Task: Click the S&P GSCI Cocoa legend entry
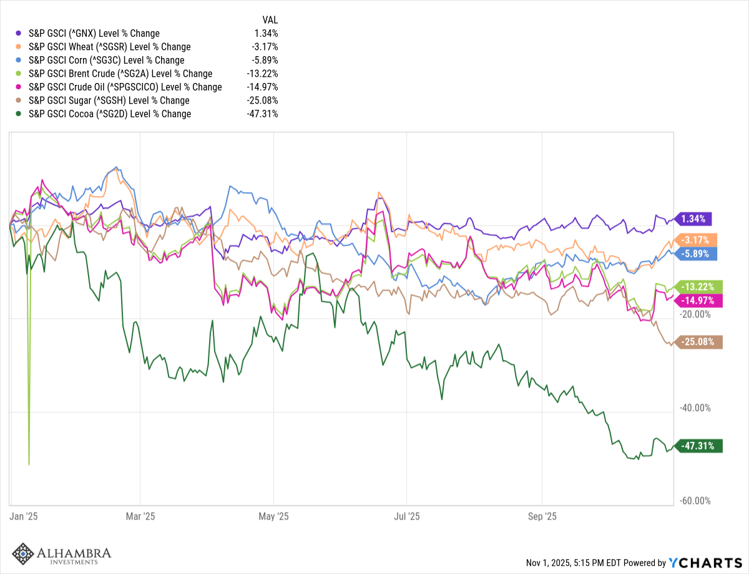tap(110, 114)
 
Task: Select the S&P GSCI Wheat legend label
tap(110, 47)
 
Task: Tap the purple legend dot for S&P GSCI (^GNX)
tap(19, 33)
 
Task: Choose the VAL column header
tap(270, 19)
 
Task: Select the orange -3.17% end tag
tap(698, 240)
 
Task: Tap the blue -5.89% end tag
tap(698, 253)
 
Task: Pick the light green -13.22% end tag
tap(699, 286)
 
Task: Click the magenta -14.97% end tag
tap(699, 300)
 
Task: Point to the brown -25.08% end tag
tap(699, 341)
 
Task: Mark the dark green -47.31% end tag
tap(699, 446)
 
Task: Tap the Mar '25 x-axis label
tap(140, 517)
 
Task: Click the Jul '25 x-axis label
tap(406, 517)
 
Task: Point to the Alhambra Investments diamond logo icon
tap(23, 554)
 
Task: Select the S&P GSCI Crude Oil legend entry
tap(125, 87)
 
